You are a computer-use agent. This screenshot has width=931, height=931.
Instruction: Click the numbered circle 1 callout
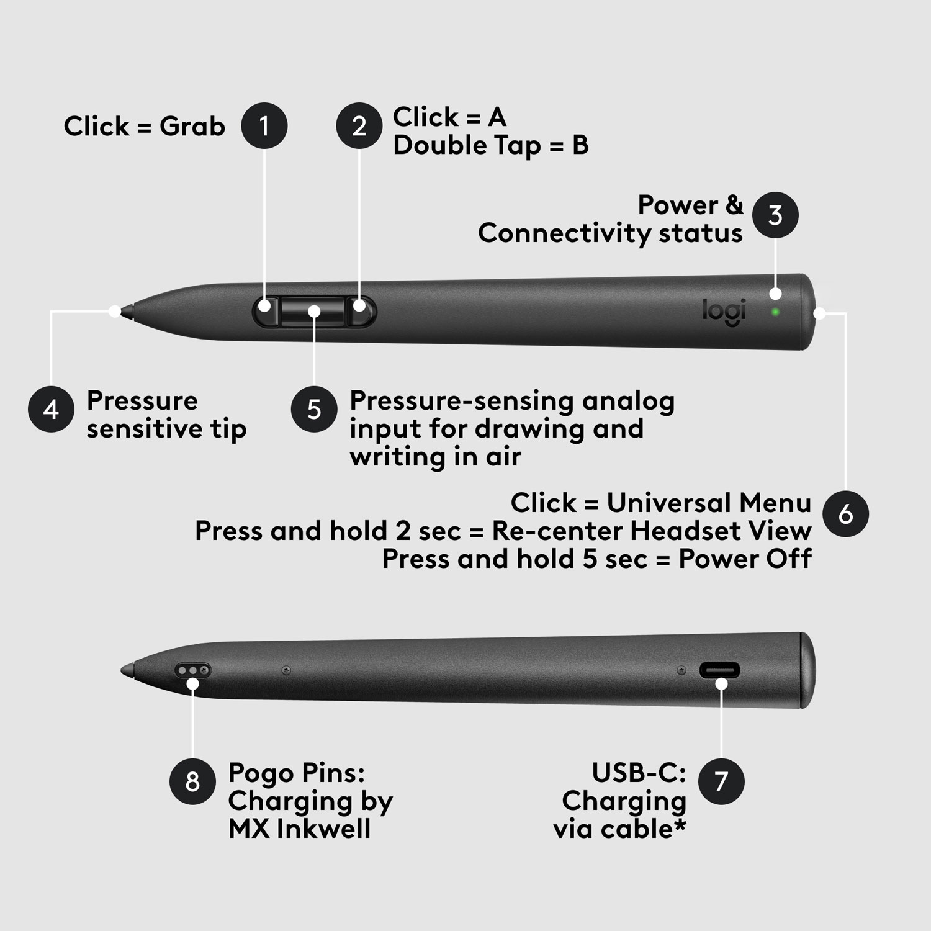click(x=264, y=126)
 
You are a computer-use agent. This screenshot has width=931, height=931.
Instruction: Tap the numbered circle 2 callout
click(x=359, y=126)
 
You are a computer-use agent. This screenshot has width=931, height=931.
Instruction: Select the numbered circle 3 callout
click(x=775, y=215)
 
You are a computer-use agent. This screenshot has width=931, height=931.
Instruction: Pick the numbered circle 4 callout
click(x=52, y=409)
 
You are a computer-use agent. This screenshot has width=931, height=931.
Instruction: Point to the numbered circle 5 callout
click(x=314, y=409)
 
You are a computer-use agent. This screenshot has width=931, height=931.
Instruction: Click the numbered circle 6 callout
click(x=845, y=514)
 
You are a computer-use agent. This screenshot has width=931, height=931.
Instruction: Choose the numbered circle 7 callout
click(x=721, y=781)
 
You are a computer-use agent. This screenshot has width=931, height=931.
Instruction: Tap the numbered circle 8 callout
click(x=192, y=781)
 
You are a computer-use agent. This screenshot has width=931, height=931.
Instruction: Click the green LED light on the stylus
click(x=775, y=311)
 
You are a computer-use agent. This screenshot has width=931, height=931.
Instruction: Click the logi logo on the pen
click(x=724, y=312)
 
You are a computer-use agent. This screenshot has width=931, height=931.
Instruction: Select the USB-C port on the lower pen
click(x=720, y=670)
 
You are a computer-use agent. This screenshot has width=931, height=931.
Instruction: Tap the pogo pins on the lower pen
click(x=193, y=670)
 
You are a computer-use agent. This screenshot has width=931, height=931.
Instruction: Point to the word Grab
click(x=192, y=127)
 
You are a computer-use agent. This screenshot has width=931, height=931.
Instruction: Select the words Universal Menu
click(x=709, y=503)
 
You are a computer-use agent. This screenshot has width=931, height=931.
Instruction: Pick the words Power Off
click(x=745, y=559)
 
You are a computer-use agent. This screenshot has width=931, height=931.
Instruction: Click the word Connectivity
click(x=564, y=234)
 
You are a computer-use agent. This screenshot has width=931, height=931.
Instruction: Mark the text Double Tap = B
click(x=490, y=146)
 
